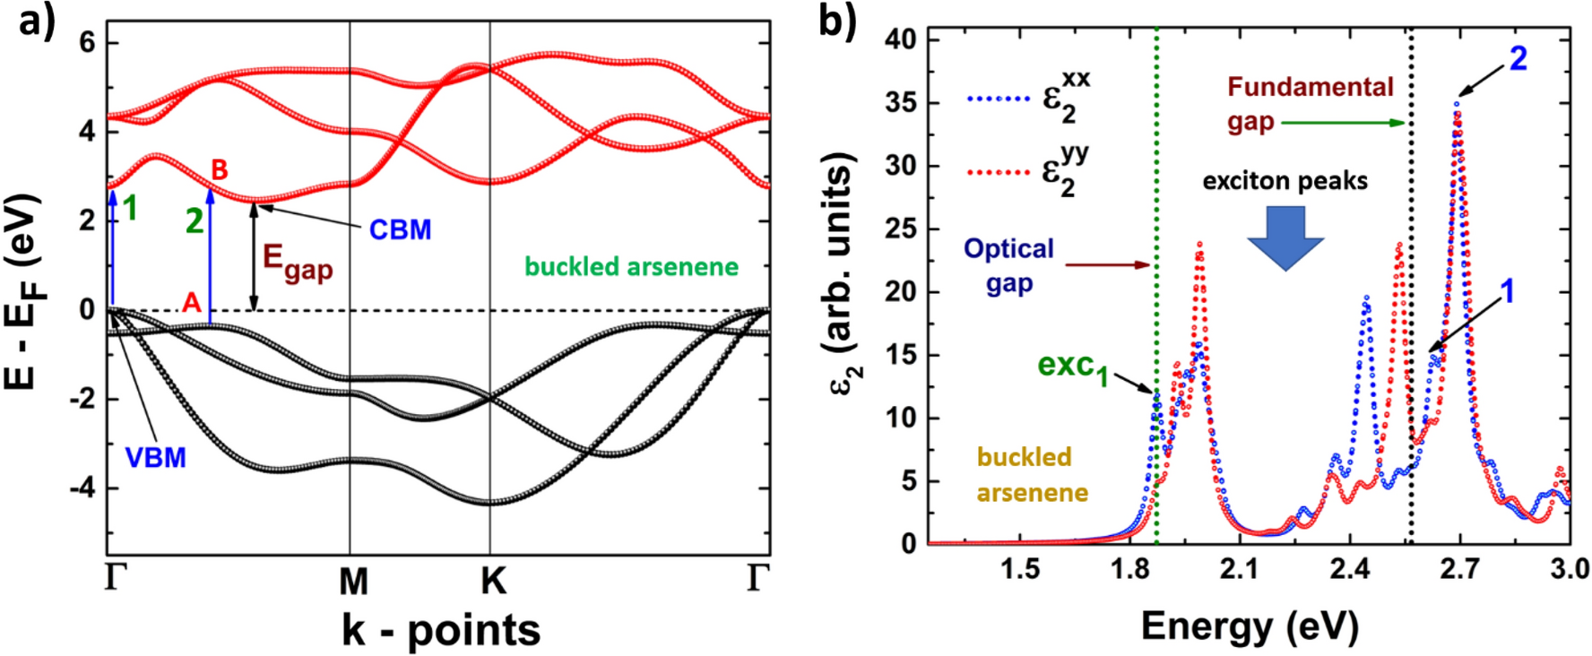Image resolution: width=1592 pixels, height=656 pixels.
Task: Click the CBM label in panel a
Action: click(400, 230)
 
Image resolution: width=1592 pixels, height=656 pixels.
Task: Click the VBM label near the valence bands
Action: click(155, 458)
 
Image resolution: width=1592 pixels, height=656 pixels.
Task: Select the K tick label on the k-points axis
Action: click(492, 583)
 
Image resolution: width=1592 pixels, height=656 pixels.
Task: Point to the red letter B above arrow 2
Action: click(219, 169)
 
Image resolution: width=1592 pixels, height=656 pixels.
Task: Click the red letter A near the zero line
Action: click(191, 303)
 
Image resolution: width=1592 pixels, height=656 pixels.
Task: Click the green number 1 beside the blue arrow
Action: click(131, 209)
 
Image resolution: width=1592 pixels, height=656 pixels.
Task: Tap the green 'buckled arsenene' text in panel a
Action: click(631, 267)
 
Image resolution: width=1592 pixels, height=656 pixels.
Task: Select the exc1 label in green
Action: click(1072, 367)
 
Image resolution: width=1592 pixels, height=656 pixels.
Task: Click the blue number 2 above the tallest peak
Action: click(1518, 59)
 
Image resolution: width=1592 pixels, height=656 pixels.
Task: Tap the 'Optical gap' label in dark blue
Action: click(1008, 265)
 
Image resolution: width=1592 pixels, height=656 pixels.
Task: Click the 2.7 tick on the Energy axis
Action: click(1459, 570)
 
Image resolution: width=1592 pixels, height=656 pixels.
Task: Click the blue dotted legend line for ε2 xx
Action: click(999, 98)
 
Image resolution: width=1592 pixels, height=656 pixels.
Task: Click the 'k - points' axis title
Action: click(440, 630)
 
